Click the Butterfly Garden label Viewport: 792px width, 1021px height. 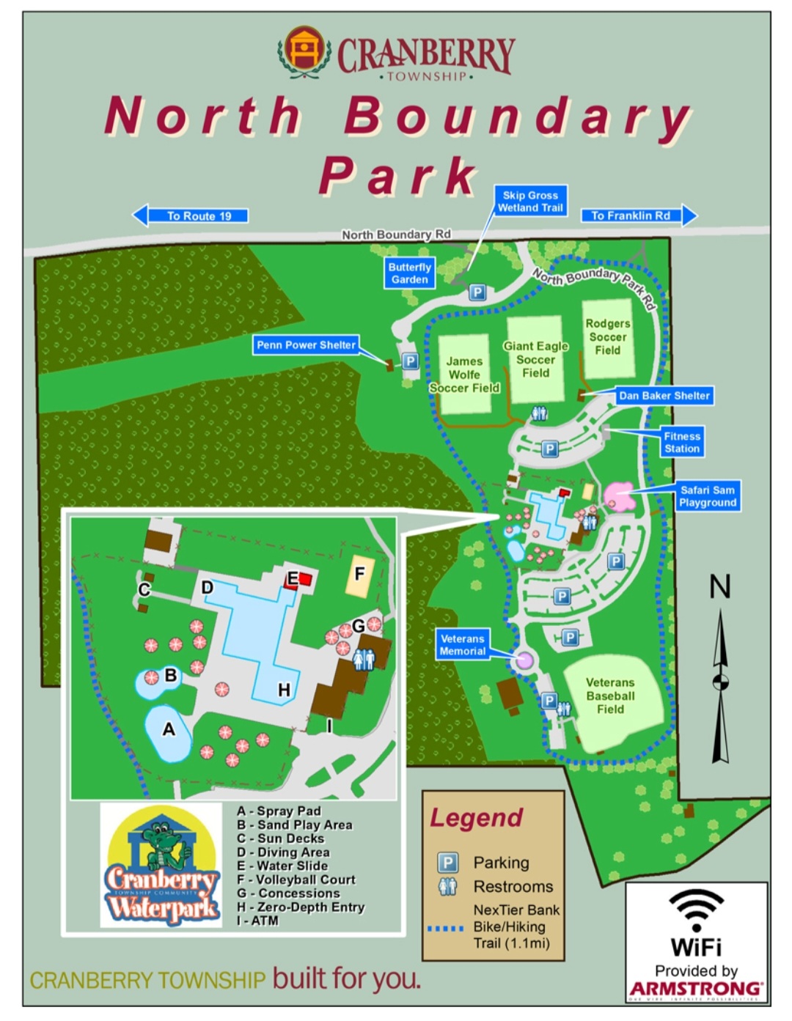409,273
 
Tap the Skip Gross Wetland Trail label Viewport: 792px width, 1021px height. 530,202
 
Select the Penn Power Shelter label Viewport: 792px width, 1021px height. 306,344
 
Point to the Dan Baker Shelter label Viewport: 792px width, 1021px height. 664,396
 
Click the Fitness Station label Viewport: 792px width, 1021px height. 682,442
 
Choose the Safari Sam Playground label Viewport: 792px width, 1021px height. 707,496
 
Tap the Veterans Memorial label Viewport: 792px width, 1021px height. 463,645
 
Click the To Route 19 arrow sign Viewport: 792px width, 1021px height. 191,215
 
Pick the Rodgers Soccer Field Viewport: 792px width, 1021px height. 607,337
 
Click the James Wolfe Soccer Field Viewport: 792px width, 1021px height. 464,374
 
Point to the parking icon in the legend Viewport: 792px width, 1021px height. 447,863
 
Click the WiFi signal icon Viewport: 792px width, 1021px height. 696,909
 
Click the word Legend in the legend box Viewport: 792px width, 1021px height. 477,818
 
